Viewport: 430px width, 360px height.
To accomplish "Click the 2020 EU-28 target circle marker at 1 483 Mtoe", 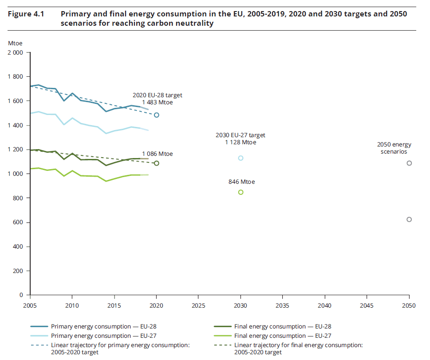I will pos(157,115).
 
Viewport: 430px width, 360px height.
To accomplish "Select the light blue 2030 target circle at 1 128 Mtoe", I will pos(241,158).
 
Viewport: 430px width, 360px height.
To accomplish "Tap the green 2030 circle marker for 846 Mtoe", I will pos(241,192).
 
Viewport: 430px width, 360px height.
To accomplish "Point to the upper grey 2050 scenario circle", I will pos(409,163).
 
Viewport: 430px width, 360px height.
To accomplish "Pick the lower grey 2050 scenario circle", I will pos(409,219).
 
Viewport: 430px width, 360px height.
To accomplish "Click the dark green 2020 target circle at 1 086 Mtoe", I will pos(157,163).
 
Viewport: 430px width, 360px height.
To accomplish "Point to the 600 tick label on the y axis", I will pos(18,222).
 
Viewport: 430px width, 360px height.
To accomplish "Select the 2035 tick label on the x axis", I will pos(283,305).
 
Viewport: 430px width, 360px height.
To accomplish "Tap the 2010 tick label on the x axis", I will pos(72,305).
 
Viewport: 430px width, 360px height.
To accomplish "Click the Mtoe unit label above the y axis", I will pos(15,43).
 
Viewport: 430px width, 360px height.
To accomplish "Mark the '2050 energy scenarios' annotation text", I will pos(394,148).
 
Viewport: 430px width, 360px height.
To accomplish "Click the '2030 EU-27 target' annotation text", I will pos(240,135).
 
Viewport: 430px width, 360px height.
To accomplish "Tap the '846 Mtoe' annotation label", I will pos(242,182).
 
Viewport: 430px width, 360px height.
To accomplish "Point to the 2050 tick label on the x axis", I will pos(409,305).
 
